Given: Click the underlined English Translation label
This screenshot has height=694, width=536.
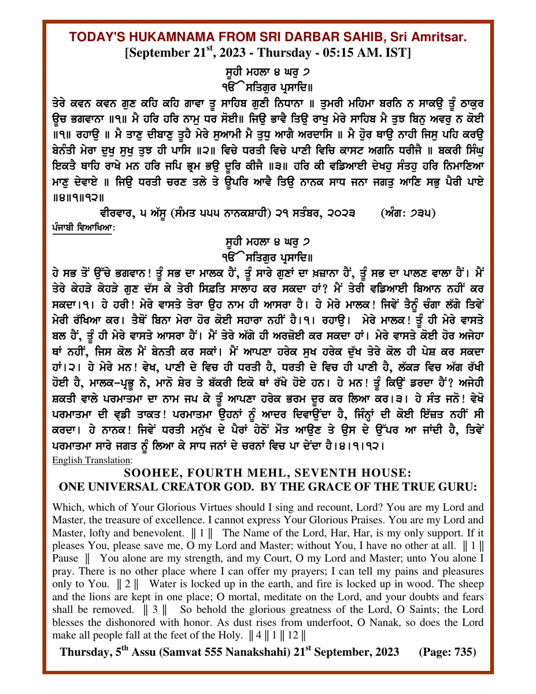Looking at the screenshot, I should pyautogui.click(x=92, y=460).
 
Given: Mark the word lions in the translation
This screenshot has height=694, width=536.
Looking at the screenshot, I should pyautogui.click(x=110, y=599).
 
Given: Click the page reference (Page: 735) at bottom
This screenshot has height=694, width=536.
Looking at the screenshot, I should pyautogui.click(x=447, y=652).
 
